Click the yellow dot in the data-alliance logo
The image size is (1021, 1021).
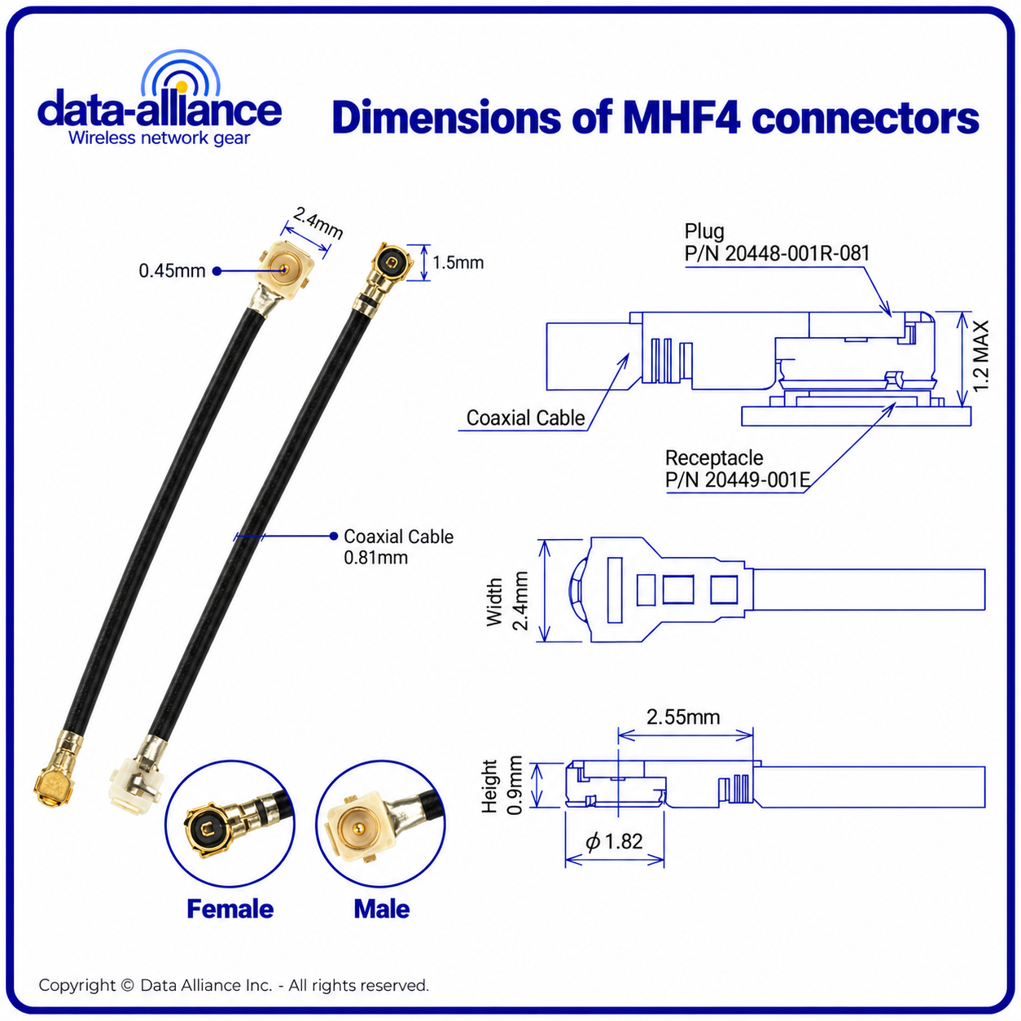tap(182, 86)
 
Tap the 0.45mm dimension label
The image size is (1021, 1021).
tap(172, 271)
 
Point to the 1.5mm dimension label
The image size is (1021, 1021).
tap(458, 263)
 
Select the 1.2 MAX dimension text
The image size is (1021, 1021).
tap(981, 356)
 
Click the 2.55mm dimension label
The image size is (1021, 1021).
tap(683, 716)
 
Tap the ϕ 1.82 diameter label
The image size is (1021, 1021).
tap(614, 841)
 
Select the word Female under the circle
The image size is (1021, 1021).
tap(230, 909)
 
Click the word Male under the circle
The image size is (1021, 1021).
tap(382, 909)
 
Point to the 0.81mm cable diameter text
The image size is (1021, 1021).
tap(375, 558)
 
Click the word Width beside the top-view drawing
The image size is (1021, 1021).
tap(494, 602)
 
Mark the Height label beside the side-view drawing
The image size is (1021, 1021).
tap(489, 787)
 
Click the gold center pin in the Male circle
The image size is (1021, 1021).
tap(357, 826)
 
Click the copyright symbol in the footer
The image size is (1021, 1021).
tap(127, 985)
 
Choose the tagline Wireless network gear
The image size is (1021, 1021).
tap(159, 138)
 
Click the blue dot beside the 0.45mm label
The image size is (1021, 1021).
tap(217, 271)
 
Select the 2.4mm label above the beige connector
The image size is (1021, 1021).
tap(318, 222)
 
